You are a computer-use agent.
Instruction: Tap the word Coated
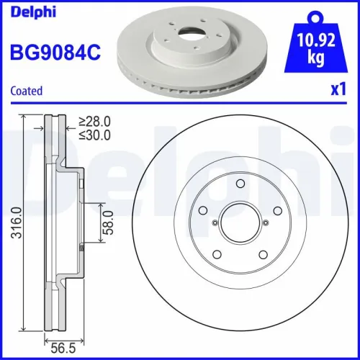point(26,91)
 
